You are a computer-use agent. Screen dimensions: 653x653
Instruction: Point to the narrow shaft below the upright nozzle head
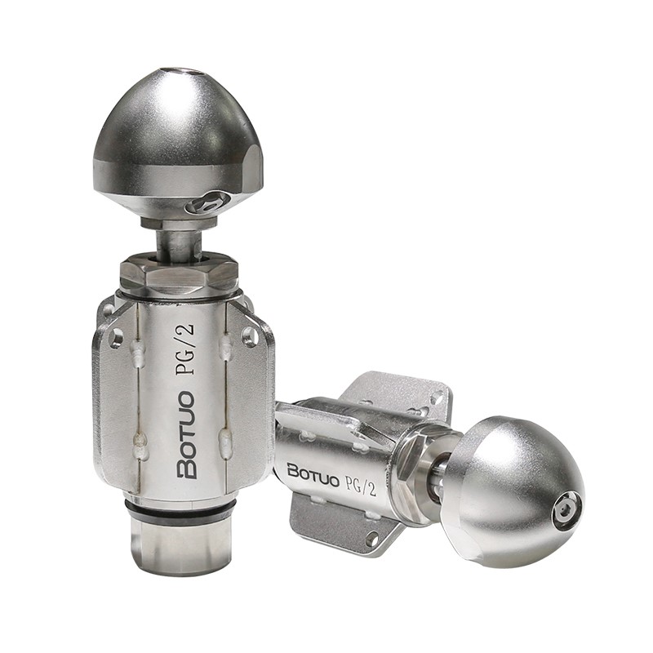[179, 246]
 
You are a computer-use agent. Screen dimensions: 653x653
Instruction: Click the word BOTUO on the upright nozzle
[186, 435]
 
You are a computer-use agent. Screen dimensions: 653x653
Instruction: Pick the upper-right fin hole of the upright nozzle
[250, 336]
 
